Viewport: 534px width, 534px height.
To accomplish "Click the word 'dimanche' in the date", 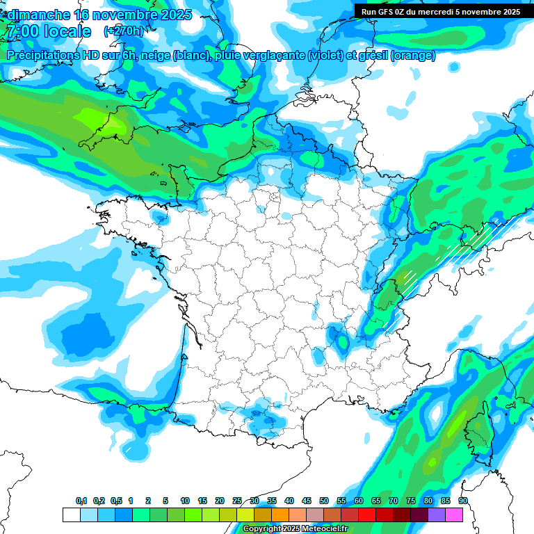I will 38,15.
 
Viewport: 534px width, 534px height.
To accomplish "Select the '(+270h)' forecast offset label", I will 123,31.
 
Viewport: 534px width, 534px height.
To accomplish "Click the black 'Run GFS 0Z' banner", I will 444,11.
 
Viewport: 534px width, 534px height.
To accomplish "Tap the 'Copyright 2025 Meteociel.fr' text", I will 295,529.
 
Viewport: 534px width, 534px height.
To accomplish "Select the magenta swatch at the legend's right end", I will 454,515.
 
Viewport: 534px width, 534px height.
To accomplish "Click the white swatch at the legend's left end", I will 71,515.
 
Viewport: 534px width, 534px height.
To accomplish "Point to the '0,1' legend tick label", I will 81,501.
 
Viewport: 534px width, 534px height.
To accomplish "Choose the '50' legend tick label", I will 324,501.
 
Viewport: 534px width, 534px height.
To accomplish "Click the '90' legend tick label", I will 463,501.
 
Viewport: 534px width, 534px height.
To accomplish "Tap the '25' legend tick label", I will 237,501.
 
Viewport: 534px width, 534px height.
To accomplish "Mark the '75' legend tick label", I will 411,501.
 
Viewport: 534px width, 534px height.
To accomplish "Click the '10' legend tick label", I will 185,501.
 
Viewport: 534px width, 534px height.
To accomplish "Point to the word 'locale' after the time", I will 67,31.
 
